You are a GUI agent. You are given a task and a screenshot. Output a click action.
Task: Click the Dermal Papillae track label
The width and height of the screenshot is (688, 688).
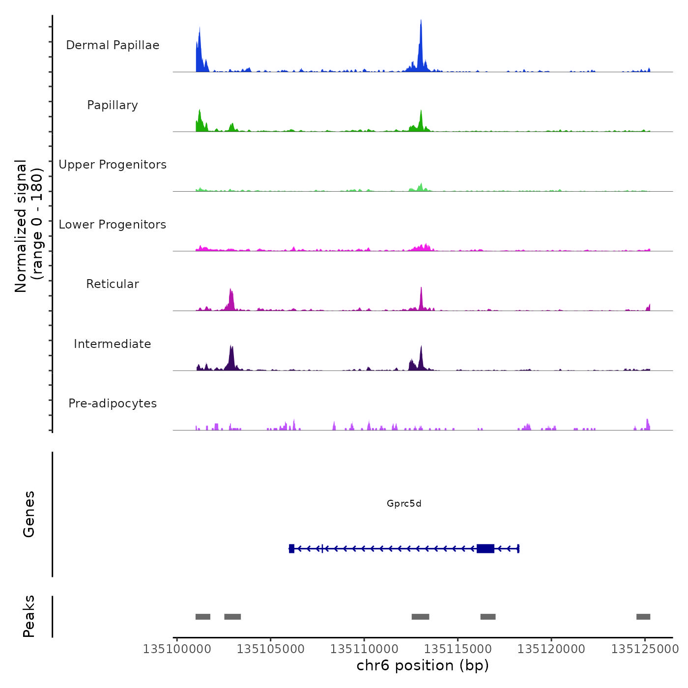click(x=113, y=45)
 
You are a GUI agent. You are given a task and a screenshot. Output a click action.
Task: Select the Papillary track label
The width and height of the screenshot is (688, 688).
click(x=113, y=105)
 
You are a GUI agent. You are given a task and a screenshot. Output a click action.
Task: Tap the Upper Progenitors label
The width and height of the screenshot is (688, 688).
click(x=113, y=165)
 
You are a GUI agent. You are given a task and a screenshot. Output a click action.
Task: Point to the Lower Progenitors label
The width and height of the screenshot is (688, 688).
click(x=113, y=225)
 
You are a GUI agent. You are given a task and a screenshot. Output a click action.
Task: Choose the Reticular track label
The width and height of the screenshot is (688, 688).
click(x=113, y=284)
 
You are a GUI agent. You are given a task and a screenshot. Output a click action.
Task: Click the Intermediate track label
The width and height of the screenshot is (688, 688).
click(x=113, y=344)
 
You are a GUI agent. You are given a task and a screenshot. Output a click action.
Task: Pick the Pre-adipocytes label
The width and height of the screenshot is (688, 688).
click(x=113, y=403)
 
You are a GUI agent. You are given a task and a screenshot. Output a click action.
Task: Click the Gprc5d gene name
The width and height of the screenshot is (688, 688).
click(x=404, y=503)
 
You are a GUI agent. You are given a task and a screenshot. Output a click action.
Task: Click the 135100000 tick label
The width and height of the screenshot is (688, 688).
click(x=177, y=649)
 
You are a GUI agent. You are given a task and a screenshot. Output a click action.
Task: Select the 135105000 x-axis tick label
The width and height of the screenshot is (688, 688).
click(x=271, y=649)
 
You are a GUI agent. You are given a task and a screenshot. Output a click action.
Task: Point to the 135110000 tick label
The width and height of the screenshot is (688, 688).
click(x=364, y=649)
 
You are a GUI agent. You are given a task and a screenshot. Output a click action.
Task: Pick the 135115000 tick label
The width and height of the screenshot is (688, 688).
click(x=458, y=649)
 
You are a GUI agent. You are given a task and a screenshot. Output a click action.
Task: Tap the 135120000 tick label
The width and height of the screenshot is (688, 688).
click(x=551, y=649)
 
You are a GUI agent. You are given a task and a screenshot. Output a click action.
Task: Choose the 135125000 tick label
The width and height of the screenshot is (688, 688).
click(x=645, y=649)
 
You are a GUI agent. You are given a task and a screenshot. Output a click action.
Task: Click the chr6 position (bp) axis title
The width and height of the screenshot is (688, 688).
click(x=423, y=665)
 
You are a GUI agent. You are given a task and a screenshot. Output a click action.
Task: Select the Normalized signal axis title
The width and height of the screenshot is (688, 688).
click(x=29, y=226)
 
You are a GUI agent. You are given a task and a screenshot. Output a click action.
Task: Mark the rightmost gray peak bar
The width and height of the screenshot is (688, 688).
click(x=643, y=617)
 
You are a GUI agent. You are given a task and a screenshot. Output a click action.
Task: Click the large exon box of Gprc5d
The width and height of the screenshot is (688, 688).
click(x=486, y=548)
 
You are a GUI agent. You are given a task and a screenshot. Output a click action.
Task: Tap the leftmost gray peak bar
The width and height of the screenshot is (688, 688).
click(x=203, y=617)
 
